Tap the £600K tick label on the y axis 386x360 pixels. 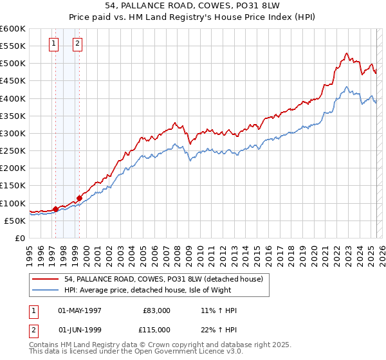click(13, 29)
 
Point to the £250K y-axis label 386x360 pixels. click(13, 151)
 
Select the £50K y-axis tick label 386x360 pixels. click(15, 221)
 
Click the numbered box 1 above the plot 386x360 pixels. click(53, 44)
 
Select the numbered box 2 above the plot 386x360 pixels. click(77, 44)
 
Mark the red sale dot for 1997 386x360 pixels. click(56, 208)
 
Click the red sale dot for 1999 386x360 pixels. click(79, 197)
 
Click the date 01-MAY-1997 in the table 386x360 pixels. click(80, 310)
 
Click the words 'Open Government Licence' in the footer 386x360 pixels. click(182, 352)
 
